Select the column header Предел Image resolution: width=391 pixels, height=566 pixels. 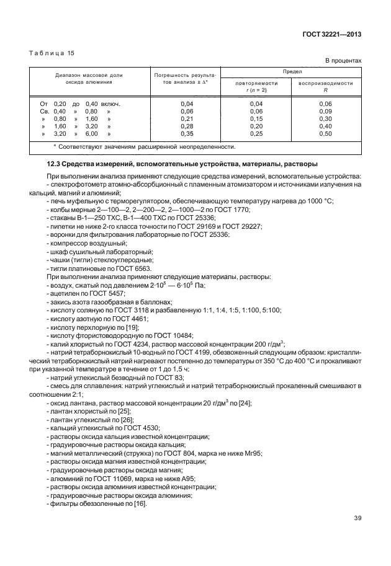pyautogui.click(x=291, y=72)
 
